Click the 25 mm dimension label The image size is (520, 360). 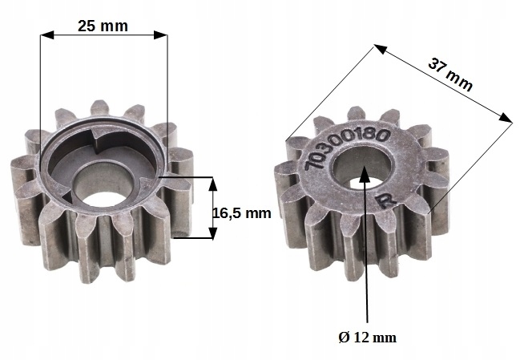[x=102, y=25]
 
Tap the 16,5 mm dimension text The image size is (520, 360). [x=242, y=213]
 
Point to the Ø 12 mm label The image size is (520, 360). [x=368, y=337]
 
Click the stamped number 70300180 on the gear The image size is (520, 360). [x=345, y=149]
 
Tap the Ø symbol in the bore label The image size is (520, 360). [x=344, y=337]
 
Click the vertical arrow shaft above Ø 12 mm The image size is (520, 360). [x=367, y=257]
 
